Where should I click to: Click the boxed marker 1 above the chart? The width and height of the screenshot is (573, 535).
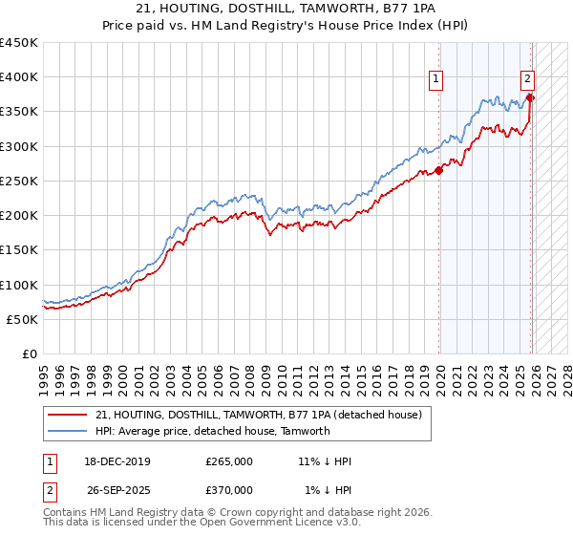(x=435, y=80)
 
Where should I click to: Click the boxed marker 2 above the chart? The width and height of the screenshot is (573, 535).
(x=527, y=80)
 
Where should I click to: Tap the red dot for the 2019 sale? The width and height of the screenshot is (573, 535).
(x=439, y=171)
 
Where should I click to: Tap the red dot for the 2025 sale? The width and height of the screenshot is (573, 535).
(x=531, y=97)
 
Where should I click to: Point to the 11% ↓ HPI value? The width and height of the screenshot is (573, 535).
(x=325, y=461)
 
